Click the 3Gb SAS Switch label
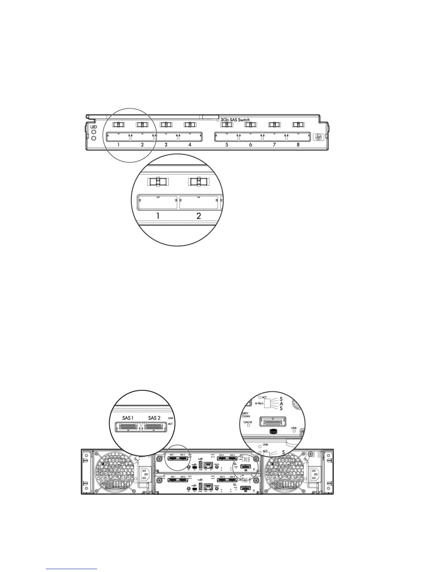click(235, 120)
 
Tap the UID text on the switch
click(93, 127)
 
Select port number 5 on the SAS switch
click(226, 137)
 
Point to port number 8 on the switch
click(298, 137)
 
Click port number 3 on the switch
click(166, 137)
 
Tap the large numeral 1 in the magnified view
click(158, 216)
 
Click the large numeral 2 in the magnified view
click(199, 216)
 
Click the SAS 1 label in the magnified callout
click(127, 418)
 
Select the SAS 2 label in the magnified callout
click(154, 418)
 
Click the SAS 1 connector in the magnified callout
click(128, 427)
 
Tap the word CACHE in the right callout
click(248, 422)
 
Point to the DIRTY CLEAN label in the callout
click(246, 415)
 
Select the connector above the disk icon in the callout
click(273, 421)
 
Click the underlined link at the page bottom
click(71, 569)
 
